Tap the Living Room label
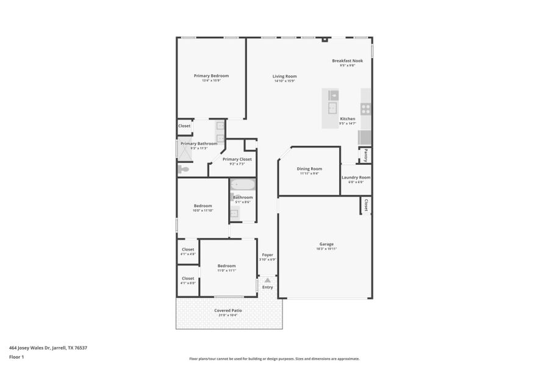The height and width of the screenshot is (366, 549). click(x=284, y=76)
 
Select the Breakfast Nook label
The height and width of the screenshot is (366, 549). click(x=347, y=60)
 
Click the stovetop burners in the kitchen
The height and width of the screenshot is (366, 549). click(x=365, y=109)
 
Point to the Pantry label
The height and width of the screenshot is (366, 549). click(x=365, y=154)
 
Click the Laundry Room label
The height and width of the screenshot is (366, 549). click(x=356, y=178)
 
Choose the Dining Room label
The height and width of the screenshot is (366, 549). click(x=309, y=168)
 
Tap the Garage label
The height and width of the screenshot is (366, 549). click(x=326, y=244)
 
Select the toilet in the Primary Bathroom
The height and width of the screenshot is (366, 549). click(x=184, y=169)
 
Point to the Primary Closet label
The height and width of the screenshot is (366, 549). click(x=237, y=159)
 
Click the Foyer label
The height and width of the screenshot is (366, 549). click(x=268, y=254)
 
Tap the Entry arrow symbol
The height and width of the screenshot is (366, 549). click(x=267, y=280)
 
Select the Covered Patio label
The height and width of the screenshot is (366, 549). click(x=228, y=310)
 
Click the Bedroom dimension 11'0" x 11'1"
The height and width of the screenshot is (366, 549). click(x=227, y=270)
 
